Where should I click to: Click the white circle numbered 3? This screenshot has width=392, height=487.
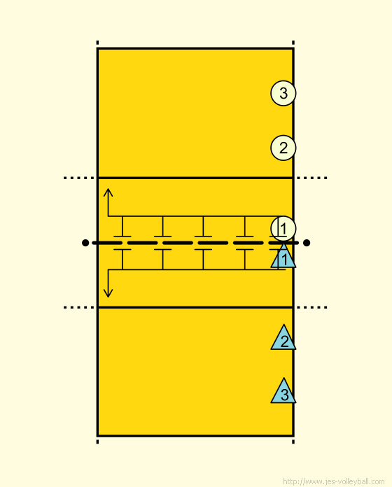pyautogui.click(x=283, y=93)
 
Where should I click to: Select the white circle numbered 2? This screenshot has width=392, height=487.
pyautogui.click(x=283, y=148)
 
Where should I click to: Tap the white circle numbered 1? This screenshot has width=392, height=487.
pyautogui.click(x=283, y=229)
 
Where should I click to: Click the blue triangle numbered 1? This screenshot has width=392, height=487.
pyautogui.click(x=283, y=257)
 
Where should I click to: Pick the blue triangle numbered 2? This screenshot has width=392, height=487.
pyautogui.click(x=283, y=339)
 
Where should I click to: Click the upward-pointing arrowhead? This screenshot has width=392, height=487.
pyautogui.click(x=108, y=192)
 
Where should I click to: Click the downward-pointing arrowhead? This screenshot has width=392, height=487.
pyautogui.click(x=108, y=293)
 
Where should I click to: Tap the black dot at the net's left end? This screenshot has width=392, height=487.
pyautogui.click(x=85, y=243)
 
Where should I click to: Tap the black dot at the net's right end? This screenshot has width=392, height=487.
pyautogui.click(x=307, y=243)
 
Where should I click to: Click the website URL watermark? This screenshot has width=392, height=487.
pyautogui.click(x=334, y=481)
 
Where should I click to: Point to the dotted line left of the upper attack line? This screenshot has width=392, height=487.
pyautogui.click(x=78, y=178)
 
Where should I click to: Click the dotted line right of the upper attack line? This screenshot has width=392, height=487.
pyautogui.click(x=312, y=178)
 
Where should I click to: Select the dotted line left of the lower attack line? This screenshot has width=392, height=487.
pyautogui.click(x=78, y=307)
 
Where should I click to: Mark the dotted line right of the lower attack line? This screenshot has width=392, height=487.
pyautogui.click(x=312, y=307)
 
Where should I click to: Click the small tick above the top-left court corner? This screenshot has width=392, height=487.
pyautogui.click(x=97, y=43)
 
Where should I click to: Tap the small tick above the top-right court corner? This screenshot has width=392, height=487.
pyautogui.click(x=293, y=43)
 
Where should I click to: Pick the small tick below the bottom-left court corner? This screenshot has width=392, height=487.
pyautogui.click(x=97, y=442)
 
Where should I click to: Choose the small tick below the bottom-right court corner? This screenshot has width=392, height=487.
pyautogui.click(x=293, y=442)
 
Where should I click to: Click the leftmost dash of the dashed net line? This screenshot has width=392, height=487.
pyautogui.click(x=107, y=243)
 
